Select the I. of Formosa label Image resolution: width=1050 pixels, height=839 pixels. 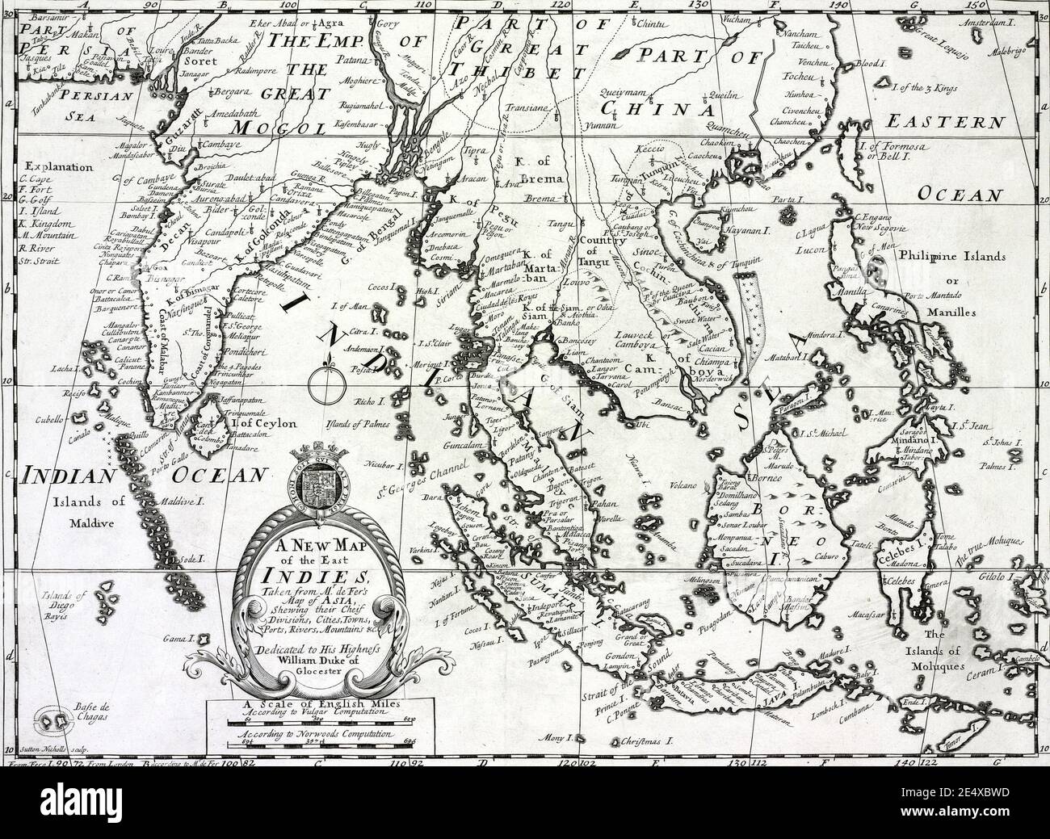tap(889, 150)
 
